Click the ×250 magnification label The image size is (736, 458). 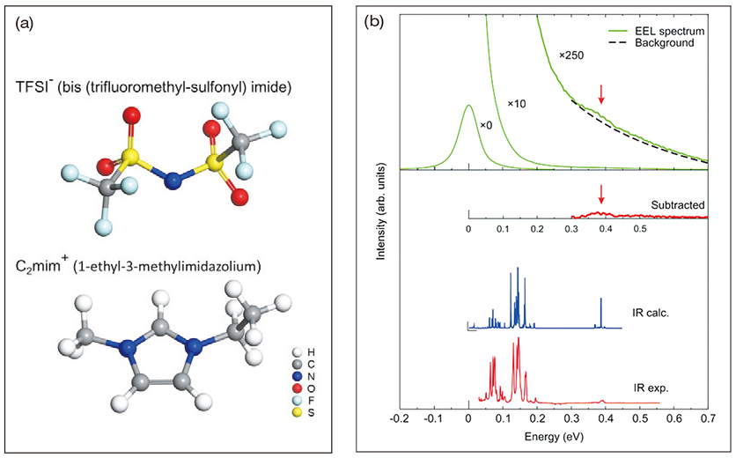(x=571, y=55)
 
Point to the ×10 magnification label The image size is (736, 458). (x=516, y=103)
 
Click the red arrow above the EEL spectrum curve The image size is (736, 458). (x=601, y=94)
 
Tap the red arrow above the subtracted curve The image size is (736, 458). (x=601, y=194)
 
